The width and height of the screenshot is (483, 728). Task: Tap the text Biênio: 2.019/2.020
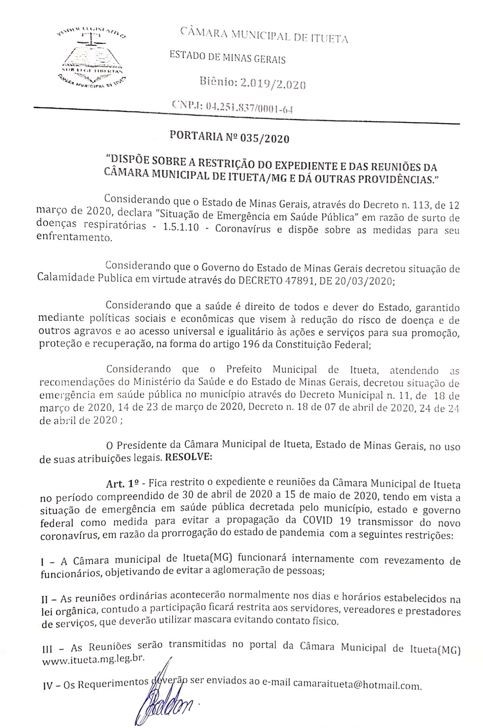click(253, 84)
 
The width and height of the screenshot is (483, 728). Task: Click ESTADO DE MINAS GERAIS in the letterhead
click(227, 58)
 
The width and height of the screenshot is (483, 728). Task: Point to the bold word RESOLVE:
click(189, 457)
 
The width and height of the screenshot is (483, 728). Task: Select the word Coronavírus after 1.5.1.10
click(243, 229)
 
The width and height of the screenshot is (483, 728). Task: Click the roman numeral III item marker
click(47, 650)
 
